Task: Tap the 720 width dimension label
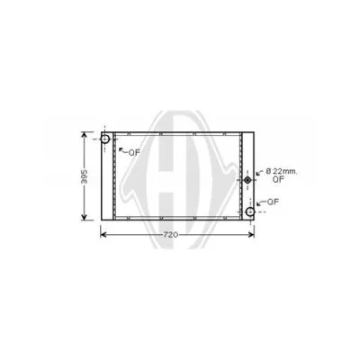[171, 236]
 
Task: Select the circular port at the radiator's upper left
[105, 139]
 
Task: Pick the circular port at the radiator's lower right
[249, 212]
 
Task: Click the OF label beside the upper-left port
[134, 153]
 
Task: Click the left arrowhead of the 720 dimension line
[103, 236]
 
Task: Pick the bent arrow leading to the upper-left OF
[121, 152]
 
